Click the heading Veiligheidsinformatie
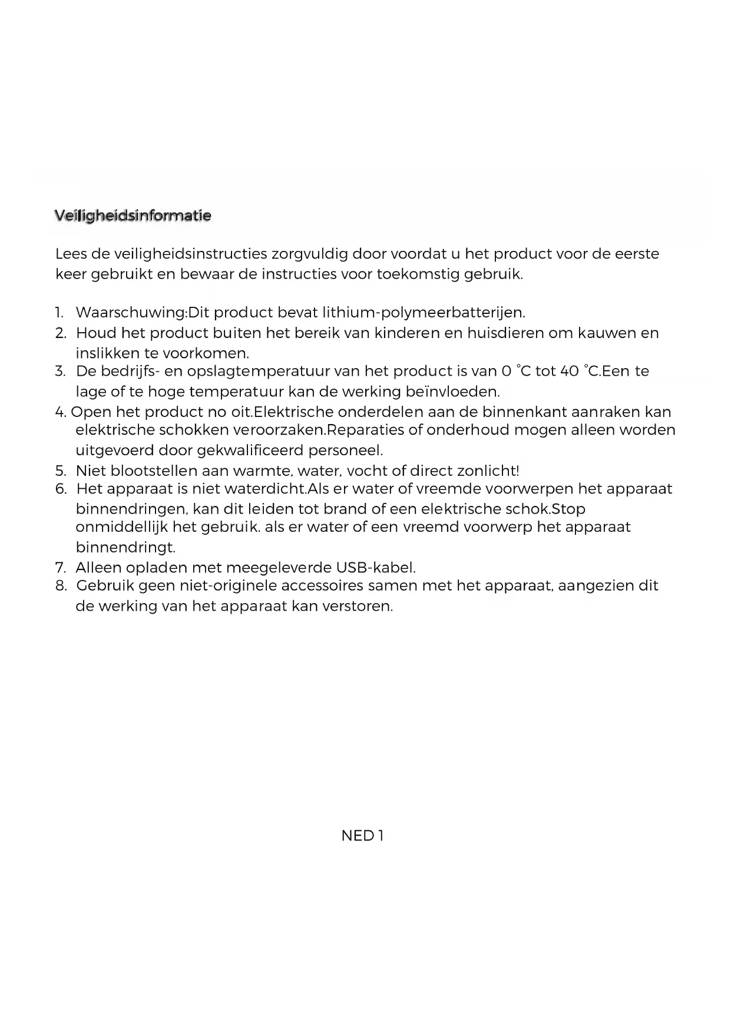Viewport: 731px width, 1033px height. coord(133,216)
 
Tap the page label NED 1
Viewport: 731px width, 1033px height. coord(362,835)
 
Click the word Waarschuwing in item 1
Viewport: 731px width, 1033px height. coord(131,312)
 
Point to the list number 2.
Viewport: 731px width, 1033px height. coord(60,333)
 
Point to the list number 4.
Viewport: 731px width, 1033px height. coord(60,412)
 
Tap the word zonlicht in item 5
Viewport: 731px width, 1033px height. coord(487,471)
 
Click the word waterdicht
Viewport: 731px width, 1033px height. coord(265,489)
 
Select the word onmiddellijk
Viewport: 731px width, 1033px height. coord(122,527)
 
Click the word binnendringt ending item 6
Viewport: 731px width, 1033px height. coord(125,547)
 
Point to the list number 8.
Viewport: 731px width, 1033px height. coord(60,586)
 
